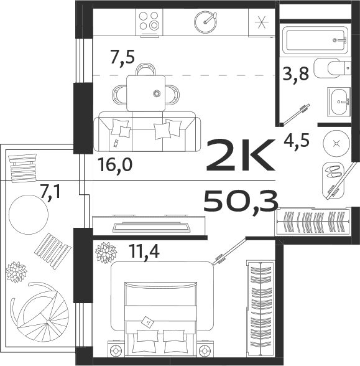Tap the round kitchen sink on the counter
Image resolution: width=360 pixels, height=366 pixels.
[205, 22]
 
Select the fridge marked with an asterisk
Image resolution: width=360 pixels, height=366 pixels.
[261, 22]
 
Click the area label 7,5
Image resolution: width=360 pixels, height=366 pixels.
[122, 57]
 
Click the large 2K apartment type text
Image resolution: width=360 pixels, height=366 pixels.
[239, 156]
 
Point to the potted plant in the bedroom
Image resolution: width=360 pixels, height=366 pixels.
[106, 253]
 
